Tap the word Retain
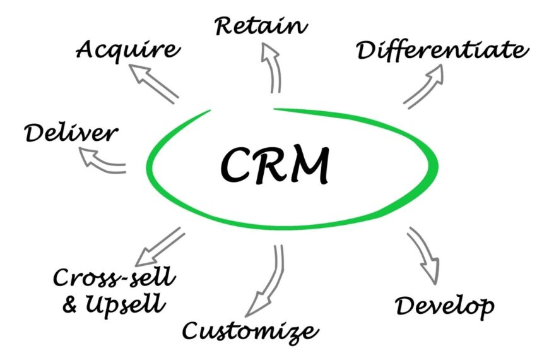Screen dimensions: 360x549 click(261, 26)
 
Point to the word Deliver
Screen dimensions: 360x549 click(71, 133)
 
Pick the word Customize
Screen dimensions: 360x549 click(247, 330)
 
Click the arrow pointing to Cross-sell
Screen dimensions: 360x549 click(160, 246)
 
